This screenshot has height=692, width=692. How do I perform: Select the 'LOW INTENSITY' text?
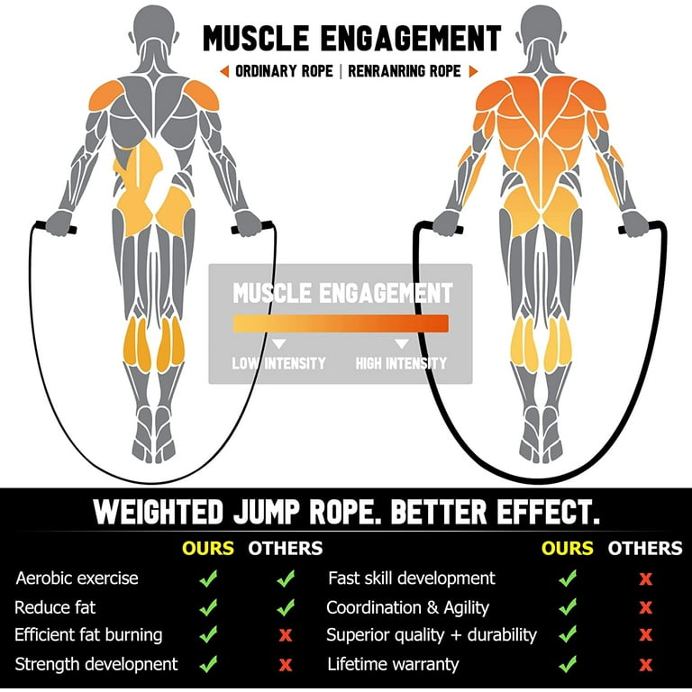point(278,364)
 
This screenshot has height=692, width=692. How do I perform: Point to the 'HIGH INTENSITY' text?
point(401,364)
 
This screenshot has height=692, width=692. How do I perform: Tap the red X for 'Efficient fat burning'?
point(286,634)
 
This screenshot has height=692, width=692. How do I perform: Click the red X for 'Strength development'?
point(286,665)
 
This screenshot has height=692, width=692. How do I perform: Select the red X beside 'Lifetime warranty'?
point(645,665)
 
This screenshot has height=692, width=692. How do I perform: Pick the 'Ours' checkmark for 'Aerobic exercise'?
point(208,578)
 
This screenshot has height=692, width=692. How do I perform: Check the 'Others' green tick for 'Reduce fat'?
point(286,607)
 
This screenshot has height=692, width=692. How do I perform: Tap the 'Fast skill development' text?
point(411,578)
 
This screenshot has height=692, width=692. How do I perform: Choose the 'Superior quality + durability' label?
point(432,634)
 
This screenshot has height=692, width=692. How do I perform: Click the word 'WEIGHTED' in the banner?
point(159,512)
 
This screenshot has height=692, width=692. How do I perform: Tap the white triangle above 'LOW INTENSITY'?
point(278,343)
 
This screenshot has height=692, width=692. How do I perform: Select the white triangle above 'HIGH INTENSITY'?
point(402,343)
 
